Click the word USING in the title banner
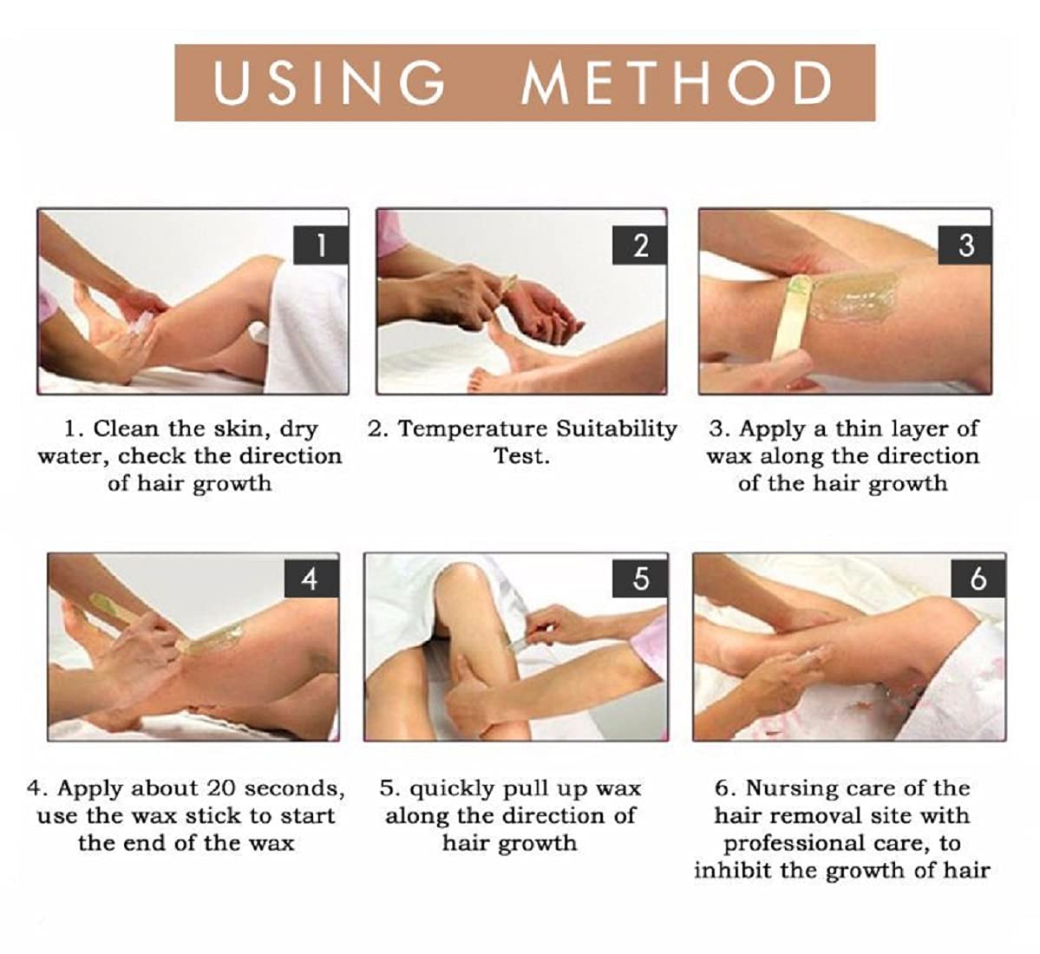pos(329,83)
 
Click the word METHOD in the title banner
pos(677,83)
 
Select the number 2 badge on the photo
pos(639,245)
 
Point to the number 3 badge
pos(965,245)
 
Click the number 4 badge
pos(310,578)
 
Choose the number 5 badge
pos(639,578)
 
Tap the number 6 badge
pos(978,578)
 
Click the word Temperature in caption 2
pos(473,428)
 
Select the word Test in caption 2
pos(520,456)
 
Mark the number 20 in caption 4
pos(222,788)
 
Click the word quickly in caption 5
pos(450,788)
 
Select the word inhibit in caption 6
pos(733,870)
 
